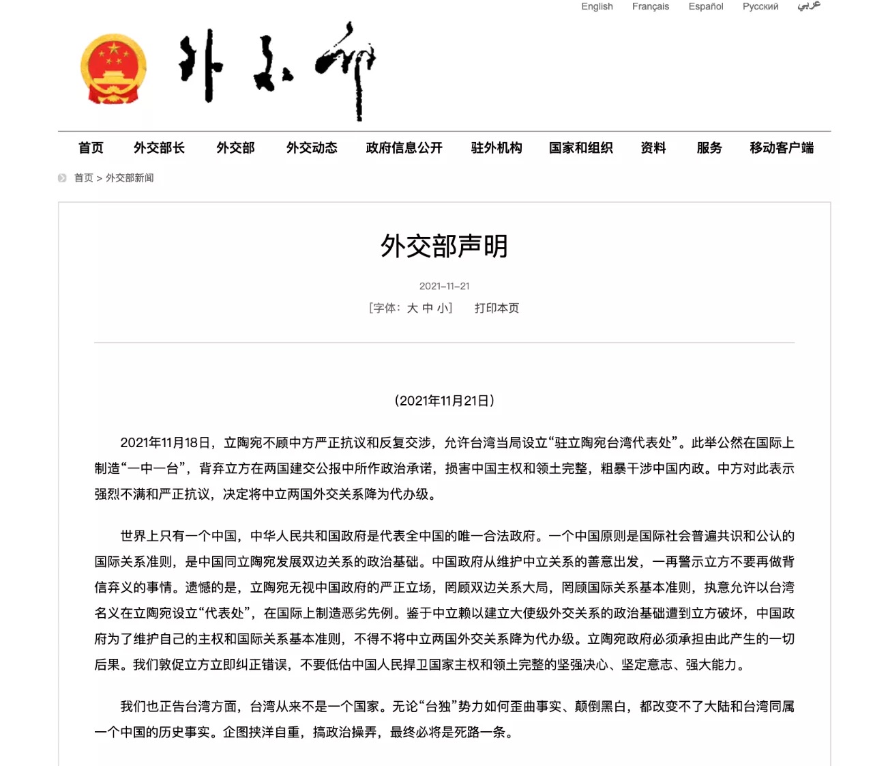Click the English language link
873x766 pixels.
point(597,7)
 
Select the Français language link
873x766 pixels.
point(650,7)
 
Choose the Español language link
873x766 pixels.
point(705,7)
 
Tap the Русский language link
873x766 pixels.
point(760,7)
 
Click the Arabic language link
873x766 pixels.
point(809,6)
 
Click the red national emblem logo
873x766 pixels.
point(113,69)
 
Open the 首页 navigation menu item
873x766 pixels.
point(91,148)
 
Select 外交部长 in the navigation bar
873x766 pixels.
point(159,148)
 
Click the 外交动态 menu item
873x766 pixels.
point(312,148)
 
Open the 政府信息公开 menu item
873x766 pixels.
point(404,148)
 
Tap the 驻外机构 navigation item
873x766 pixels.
point(497,148)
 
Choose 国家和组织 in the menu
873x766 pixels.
point(580,148)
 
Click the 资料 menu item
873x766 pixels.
point(653,148)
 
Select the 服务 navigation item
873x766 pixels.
point(709,148)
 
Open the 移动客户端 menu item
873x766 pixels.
point(782,148)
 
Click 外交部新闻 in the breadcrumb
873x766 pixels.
point(130,178)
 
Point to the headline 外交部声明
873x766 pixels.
point(444,246)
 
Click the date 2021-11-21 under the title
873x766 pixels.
point(444,286)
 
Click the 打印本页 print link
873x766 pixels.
point(497,309)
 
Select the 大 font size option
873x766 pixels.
point(412,309)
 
